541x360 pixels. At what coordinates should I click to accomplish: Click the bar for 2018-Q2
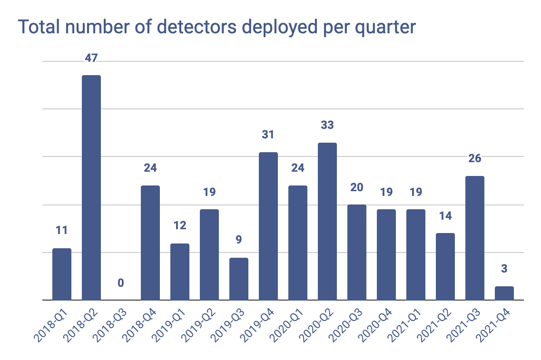(91, 187)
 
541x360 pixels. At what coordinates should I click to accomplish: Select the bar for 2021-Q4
(504, 293)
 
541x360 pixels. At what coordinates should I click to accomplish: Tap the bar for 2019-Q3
(239, 279)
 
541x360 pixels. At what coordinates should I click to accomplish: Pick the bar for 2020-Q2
(327, 221)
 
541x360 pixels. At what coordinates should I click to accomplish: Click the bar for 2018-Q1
(62, 274)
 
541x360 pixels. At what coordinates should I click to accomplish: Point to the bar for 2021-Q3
(475, 238)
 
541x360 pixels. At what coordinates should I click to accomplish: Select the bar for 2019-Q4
(268, 226)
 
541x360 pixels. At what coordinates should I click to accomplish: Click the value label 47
(91, 58)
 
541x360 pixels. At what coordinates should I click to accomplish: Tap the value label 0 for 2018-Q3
(121, 283)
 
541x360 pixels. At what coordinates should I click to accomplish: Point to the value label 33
(327, 126)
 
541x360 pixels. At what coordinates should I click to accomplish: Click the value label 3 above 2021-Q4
(504, 269)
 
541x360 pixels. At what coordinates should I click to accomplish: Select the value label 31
(268, 135)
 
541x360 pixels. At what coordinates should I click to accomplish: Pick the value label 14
(445, 216)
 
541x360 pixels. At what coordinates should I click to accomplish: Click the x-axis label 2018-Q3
(111, 326)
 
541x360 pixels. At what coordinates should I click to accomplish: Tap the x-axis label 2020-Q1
(288, 326)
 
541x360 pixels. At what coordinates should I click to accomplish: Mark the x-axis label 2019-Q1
(170, 326)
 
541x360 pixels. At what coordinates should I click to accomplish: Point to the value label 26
(475, 159)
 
